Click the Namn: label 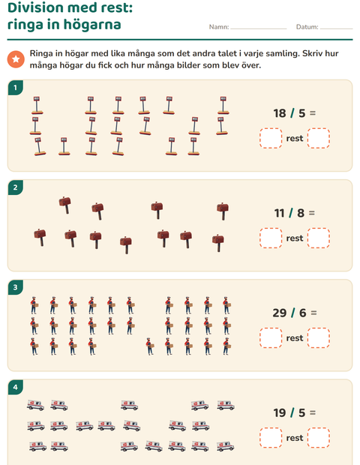(x=219, y=27)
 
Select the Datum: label (x=307, y=27)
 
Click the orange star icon (x=16, y=59)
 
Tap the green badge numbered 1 (x=16, y=88)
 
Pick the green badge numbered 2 (x=16, y=187)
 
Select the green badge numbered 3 (x=16, y=287)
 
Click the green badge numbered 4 (x=16, y=387)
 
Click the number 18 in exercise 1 (x=280, y=113)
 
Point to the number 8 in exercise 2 (x=301, y=213)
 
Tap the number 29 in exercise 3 (x=279, y=313)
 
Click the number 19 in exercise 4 (x=280, y=412)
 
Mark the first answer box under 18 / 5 (x=271, y=138)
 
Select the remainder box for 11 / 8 (x=319, y=238)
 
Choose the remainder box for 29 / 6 (x=319, y=337)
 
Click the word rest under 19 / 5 (x=295, y=438)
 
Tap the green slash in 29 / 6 (x=293, y=313)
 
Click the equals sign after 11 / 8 (x=312, y=213)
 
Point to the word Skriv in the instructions (x=313, y=54)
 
